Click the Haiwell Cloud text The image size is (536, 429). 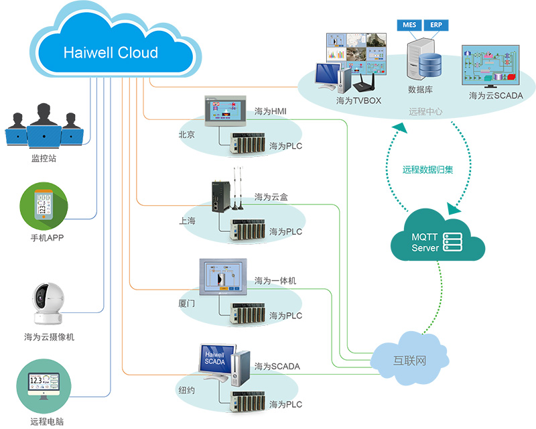coord(111,53)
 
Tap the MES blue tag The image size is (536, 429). coord(409,25)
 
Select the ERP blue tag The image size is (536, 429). coord(435,25)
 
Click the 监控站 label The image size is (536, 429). coord(44,158)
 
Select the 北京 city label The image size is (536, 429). coord(186,135)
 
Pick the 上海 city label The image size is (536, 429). coord(186,221)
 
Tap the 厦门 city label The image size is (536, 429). coord(186,304)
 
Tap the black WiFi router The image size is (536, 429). coord(362,82)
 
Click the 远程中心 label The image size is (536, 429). coord(425,112)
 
